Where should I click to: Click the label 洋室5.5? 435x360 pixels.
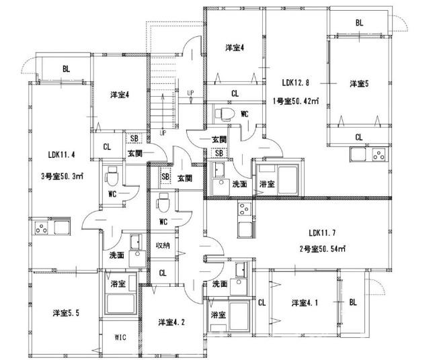[67, 313]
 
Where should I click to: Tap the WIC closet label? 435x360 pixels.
[121, 336]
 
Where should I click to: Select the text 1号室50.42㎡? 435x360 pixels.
[295, 102]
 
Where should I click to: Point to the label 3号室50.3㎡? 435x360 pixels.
[62, 177]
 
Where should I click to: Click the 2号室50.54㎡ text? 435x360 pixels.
[323, 249]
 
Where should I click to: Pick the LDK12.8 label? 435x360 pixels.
[296, 83]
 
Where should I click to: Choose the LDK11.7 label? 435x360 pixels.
[323, 233]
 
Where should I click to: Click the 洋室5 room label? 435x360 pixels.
[359, 84]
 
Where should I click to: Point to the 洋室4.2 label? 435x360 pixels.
[172, 322]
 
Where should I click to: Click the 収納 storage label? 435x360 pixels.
[162, 245]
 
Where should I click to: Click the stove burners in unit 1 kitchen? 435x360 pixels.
[378, 158]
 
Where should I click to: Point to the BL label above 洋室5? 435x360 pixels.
[359, 23]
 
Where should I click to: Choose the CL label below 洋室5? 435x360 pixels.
[359, 138]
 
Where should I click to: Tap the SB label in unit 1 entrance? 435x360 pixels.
[219, 153]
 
